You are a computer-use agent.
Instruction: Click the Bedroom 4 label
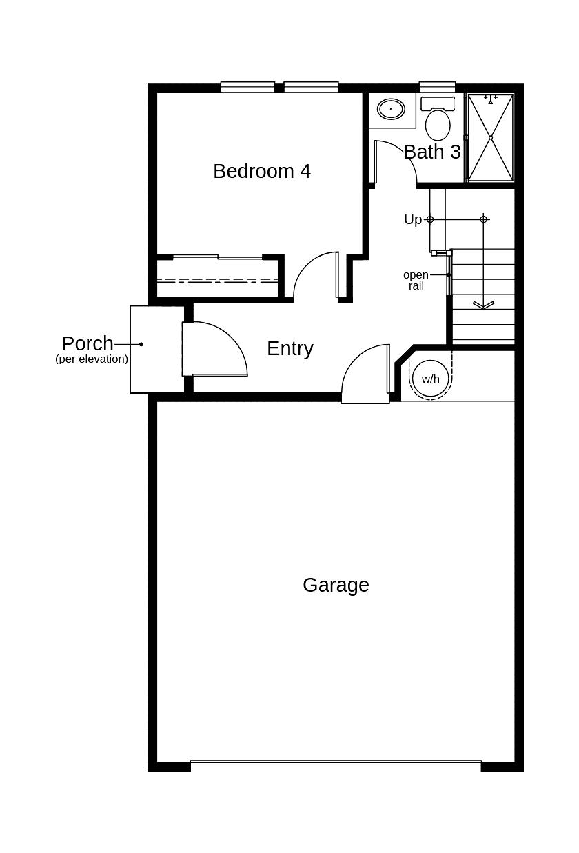(x=262, y=171)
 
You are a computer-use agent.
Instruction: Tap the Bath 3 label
(x=432, y=152)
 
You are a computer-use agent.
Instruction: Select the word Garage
(x=336, y=585)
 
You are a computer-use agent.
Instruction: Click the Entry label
(x=289, y=348)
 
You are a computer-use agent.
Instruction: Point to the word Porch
(x=87, y=343)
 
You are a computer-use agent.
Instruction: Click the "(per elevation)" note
(x=92, y=359)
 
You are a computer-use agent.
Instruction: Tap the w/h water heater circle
(x=430, y=379)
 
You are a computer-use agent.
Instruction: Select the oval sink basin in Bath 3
(x=391, y=108)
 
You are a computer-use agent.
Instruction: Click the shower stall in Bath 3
(x=490, y=137)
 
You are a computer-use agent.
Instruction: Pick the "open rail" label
(x=416, y=280)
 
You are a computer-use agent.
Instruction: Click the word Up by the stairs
(x=413, y=219)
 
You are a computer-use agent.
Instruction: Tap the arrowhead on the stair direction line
(x=483, y=303)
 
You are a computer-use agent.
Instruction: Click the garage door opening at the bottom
(x=336, y=764)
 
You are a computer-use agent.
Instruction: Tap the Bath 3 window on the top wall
(x=437, y=87)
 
